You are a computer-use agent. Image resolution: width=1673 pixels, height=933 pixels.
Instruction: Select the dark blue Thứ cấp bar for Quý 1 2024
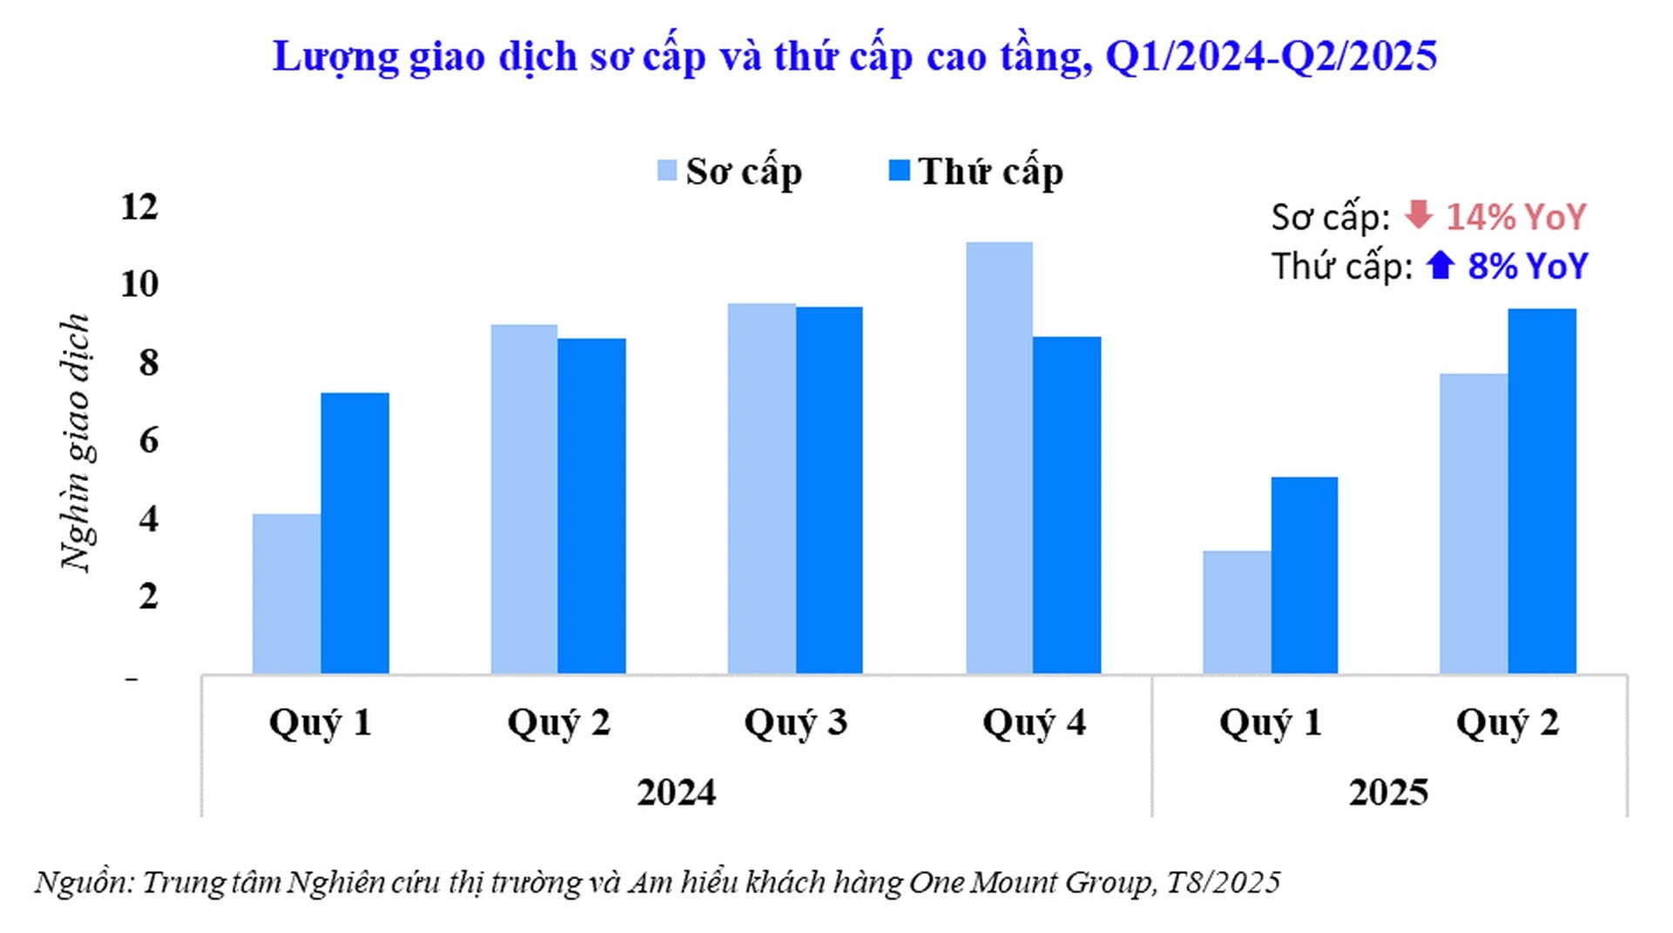tap(354, 533)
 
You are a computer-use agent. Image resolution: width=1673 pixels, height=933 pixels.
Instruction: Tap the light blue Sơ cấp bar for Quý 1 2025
tap(1237, 612)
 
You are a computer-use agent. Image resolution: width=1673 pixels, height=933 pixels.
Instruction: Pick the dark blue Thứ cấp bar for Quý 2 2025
tap(1541, 490)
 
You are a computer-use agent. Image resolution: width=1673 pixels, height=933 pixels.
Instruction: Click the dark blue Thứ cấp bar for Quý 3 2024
tap(829, 490)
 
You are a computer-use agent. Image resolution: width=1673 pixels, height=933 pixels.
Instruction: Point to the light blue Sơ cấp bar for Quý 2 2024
tap(524, 498)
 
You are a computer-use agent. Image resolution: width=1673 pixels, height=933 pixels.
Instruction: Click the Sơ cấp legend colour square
tap(667, 170)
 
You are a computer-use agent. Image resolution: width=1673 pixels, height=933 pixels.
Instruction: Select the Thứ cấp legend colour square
tap(899, 170)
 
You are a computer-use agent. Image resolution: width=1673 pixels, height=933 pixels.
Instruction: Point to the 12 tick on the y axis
tap(139, 207)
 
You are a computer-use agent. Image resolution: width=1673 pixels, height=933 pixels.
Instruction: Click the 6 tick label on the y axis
tap(148, 441)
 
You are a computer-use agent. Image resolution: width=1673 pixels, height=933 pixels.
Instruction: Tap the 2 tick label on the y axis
tap(148, 597)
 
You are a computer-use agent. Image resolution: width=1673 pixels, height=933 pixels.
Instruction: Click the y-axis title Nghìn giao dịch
tap(76, 443)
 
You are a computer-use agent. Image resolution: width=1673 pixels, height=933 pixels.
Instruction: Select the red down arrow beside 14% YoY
tap(1419, 214)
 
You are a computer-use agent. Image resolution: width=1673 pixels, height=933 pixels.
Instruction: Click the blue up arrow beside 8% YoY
tap(1440, 265)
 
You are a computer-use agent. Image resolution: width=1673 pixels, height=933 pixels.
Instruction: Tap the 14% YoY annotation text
tap(1516, 217)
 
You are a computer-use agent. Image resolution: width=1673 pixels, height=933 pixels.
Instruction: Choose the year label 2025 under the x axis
tap(1388, 793)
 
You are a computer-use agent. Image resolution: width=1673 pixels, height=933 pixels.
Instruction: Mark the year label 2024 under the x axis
tap(676, 793)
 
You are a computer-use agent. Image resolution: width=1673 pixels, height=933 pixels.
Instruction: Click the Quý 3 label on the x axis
tap(795, 723)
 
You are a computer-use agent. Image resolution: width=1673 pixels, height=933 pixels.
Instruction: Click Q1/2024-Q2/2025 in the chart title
tap(1271, 57)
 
